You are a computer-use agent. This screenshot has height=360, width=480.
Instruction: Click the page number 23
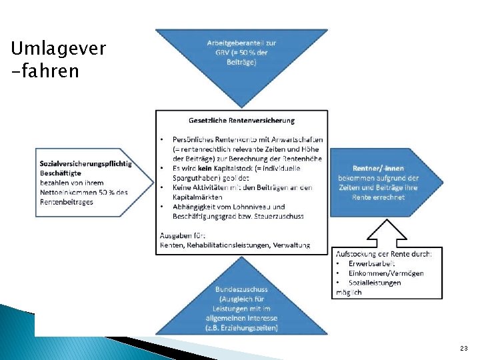463,349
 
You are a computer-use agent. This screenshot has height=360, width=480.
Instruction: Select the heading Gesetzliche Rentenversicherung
241,121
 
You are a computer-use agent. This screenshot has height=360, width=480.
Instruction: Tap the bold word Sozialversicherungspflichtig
85,163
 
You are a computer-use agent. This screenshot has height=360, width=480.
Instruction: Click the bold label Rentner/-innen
379,169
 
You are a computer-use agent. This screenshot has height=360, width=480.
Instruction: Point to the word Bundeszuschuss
241,289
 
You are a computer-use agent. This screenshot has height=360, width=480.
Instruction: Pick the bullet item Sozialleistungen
375,282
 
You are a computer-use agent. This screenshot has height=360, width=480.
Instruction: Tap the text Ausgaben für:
183,235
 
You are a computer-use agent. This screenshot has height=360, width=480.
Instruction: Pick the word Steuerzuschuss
281,216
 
